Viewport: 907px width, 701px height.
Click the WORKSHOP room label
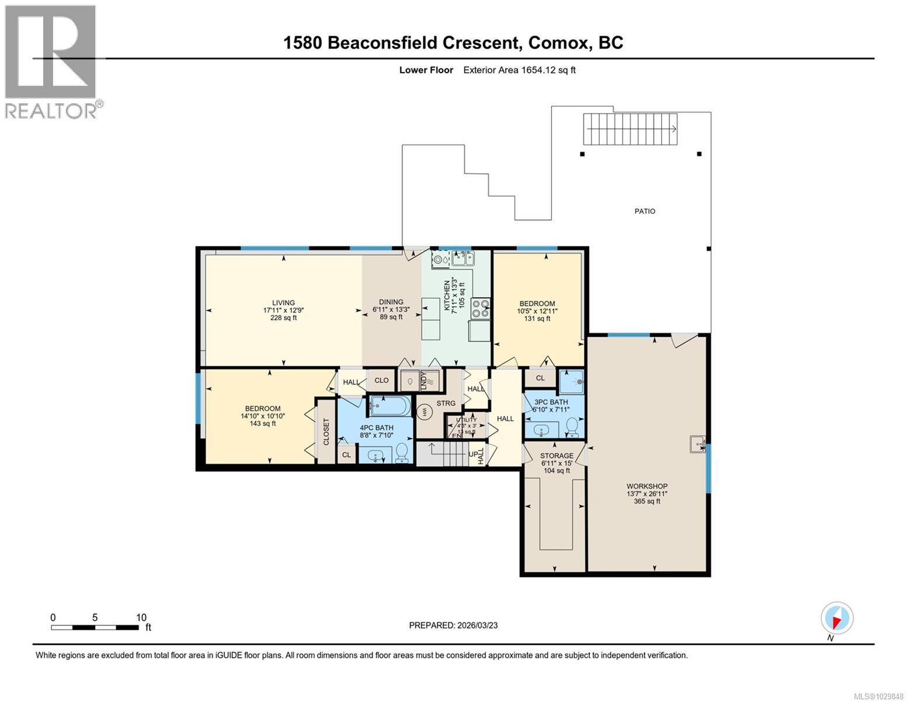pyautogui.click(x=647, y=486)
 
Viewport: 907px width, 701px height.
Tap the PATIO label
pyautogui.click(x=645, y=211)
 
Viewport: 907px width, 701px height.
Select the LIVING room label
pyautogui.click(x=283, y=303)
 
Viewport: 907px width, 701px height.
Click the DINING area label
pyautogui.click(x=391, y=303)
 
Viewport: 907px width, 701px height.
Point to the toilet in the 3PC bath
pyautogui.click(x=572, y=429)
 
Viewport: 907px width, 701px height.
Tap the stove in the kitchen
pyautogui.click(x=480, y=308)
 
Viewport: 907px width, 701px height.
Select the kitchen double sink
pyautogui.click(x=464, y=258)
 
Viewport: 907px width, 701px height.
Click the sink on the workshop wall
pyautogui.click(x=697, y=444)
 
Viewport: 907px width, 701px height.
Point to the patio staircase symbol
pyautogui.click(x=631, y=129)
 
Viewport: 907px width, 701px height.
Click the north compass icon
pyautogui.click(x=836, y=618)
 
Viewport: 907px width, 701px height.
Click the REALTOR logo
pyautogui.click(x=51, y=61)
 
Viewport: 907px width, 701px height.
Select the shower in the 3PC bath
pyautogui.click(x=571, y=382)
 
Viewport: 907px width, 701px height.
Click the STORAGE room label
pyautogui.click(x=557, y=456)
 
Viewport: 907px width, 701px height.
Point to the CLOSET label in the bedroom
pyautogui.click(x=326, y=432)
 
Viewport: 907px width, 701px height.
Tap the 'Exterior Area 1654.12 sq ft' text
pyautogui.click(x=519, y=70)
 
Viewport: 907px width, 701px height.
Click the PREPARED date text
pyautogui.click(x=453, y=625)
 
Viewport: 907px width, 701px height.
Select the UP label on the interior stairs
pyautogui.click(x=472, y=453)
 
